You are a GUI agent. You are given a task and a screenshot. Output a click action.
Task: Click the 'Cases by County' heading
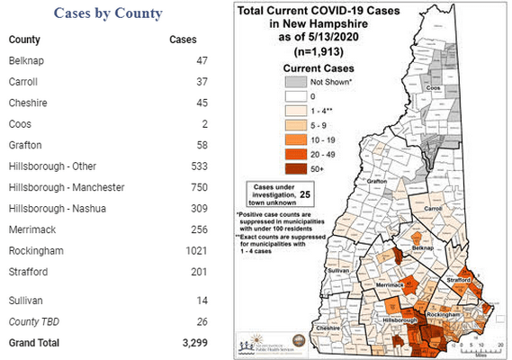coord(108,13)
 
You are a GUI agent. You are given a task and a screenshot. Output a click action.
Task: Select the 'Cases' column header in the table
coord(189,40)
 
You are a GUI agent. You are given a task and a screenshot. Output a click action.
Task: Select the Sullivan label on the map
coord(337,269)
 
